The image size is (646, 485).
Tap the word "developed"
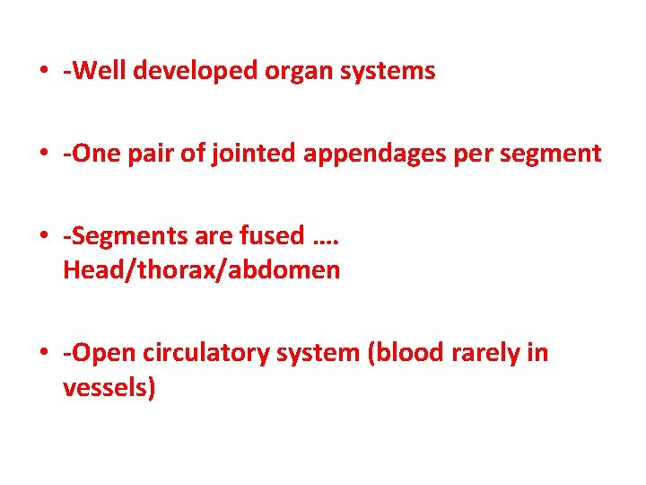coord(191,72)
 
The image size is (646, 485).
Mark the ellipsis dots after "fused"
coord(327,241)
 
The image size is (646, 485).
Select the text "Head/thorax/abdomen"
coord(201,270)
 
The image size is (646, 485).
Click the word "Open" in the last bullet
coord(98,354)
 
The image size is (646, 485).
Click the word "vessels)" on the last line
coord(109,389)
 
